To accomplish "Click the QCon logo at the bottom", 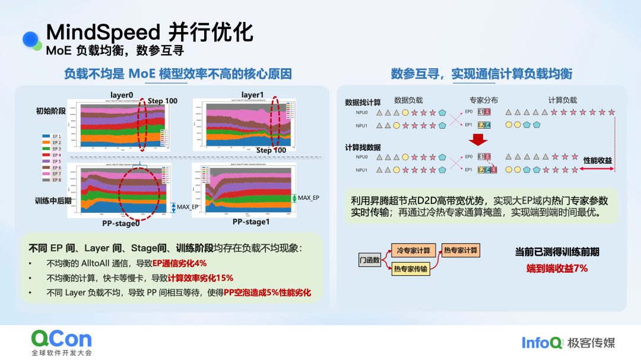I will (62, 339).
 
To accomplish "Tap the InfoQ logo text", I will (542, 343).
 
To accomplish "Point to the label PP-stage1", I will (251, 221).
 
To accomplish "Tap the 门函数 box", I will (369, 260).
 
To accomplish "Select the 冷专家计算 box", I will (414, 250).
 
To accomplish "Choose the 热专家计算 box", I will (461, 250).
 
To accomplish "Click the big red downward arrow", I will (478, 139).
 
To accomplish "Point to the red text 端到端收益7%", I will (557, 269).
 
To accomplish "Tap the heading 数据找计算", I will (363, 102).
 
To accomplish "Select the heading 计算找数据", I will (363, 147).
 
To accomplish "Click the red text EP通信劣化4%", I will (179, 263).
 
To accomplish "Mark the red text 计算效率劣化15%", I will (200, 278).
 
